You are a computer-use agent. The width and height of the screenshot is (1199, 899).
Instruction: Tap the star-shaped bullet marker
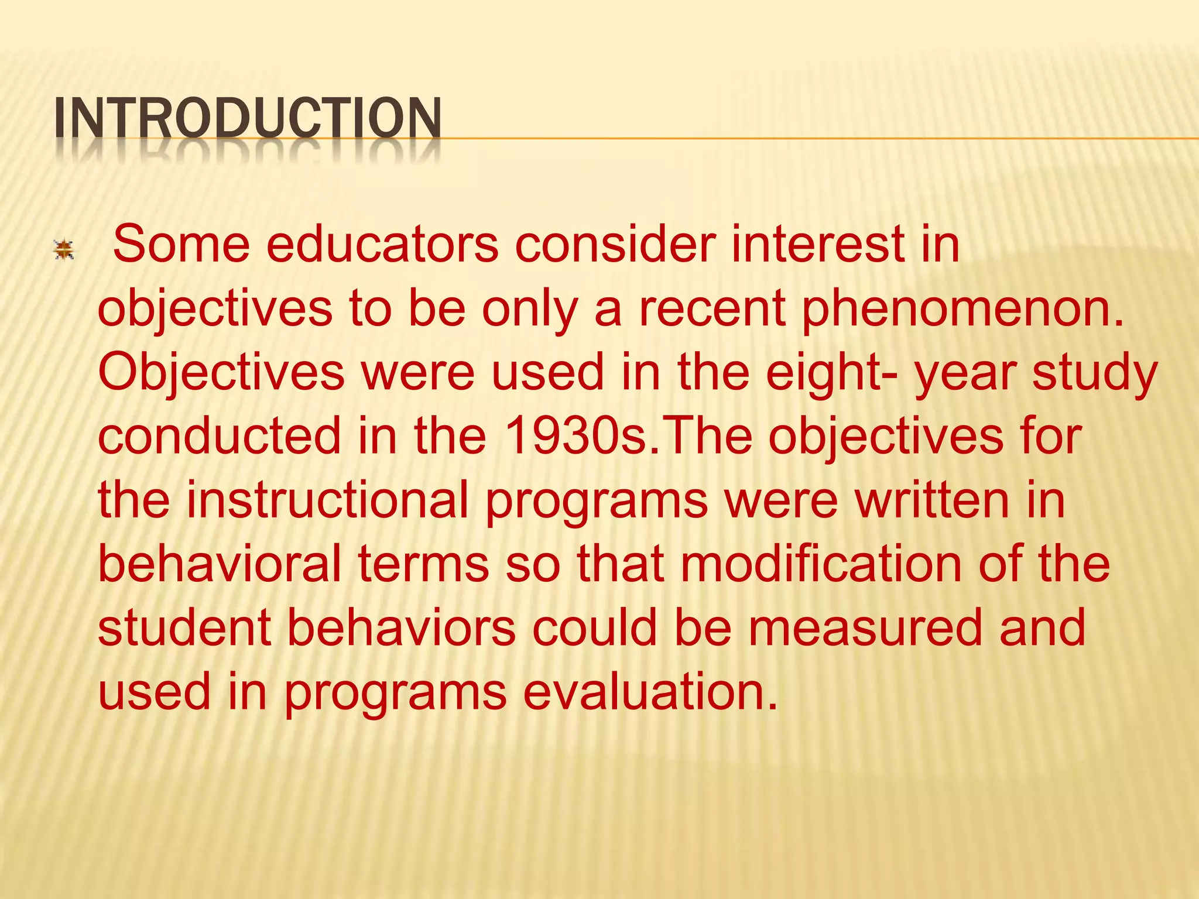click(x=63, y=250)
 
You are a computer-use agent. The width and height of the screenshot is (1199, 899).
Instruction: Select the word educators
click(x=382, y=244)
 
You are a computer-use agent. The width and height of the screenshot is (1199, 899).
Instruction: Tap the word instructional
click(x=328, y=500)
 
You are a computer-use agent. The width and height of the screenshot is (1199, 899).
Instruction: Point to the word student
click(x=184, y=627)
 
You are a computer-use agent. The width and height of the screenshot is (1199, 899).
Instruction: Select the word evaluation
click(x=650, y=691)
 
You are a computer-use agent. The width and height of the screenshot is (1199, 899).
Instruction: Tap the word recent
click(x=712, y=309)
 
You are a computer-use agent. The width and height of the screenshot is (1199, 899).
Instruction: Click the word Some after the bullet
click(x=181, y=244)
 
